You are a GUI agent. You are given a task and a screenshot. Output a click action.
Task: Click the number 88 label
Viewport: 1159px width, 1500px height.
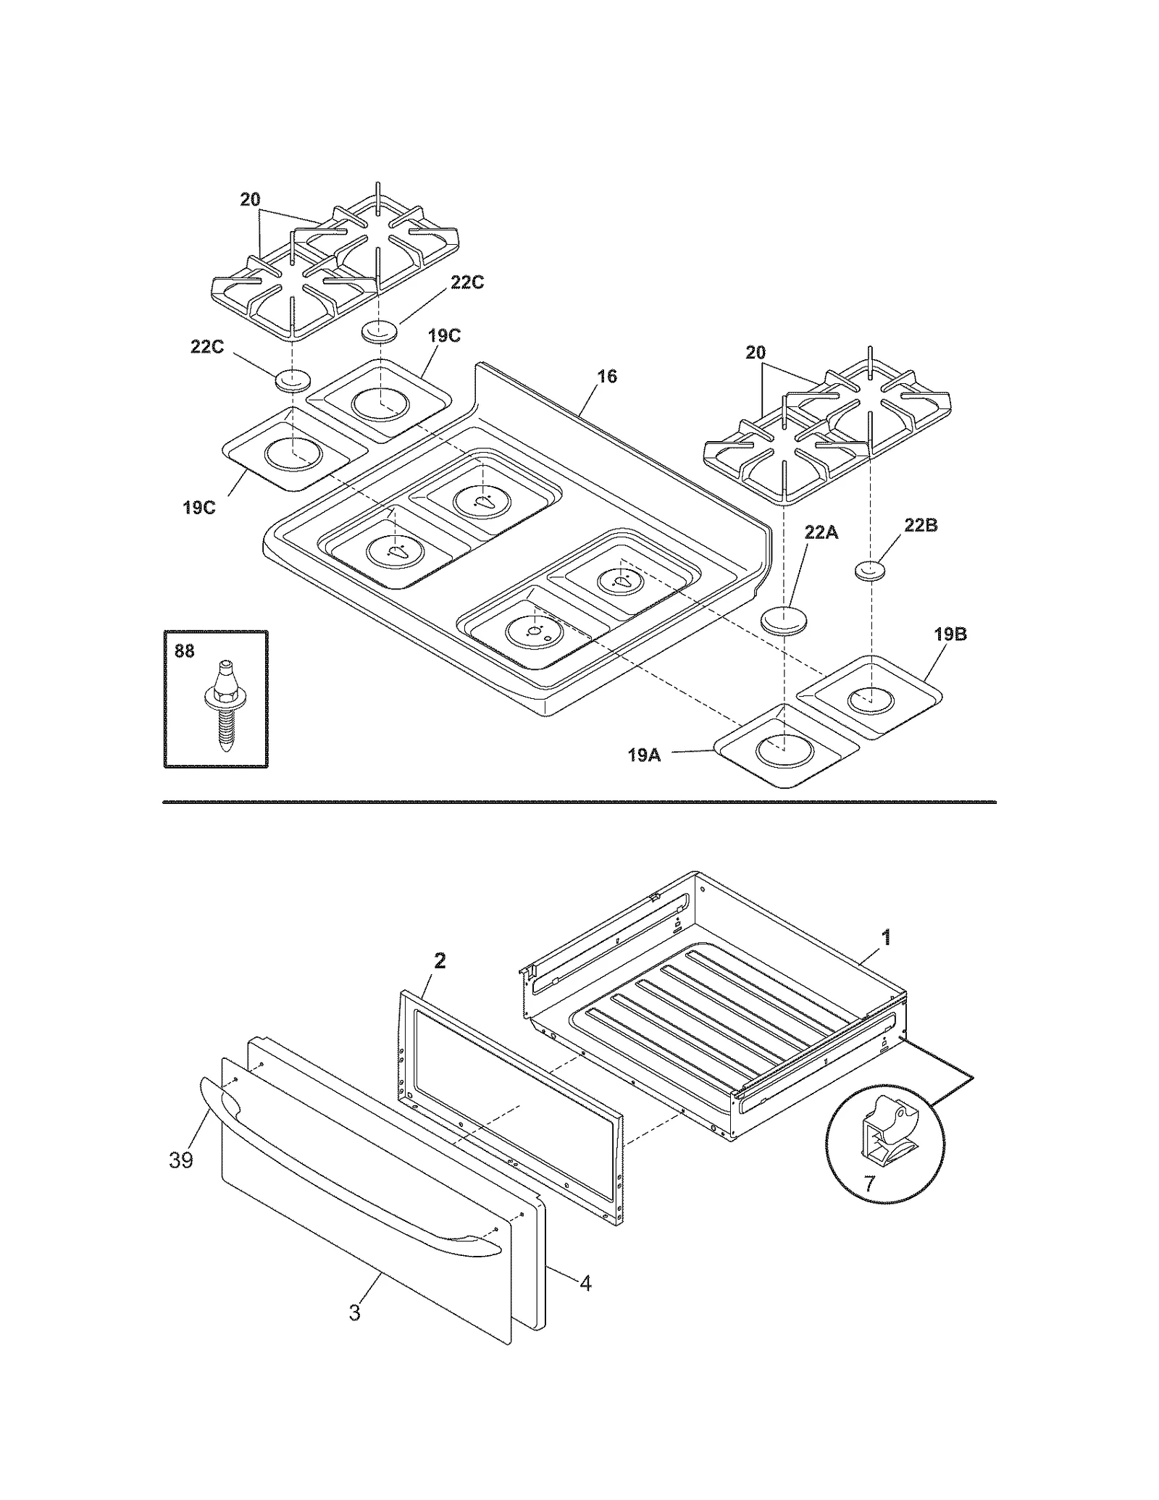coord(184,651)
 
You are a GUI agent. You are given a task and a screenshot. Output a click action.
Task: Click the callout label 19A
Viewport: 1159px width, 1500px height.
coord(643,755)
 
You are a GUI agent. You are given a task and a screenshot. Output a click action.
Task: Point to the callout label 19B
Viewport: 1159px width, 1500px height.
coord(950,634)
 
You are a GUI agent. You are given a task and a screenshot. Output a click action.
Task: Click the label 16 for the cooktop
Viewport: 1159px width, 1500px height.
coord(607,377)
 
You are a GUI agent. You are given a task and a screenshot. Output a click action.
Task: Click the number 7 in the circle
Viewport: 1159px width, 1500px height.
coord(869,1183)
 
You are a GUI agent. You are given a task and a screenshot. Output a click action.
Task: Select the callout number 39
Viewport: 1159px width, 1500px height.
coord(181,1160)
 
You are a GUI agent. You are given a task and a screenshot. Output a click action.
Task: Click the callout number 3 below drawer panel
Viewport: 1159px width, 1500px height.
coord(354,1312)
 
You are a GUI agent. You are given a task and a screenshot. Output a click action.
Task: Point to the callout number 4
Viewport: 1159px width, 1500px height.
coord(585,1283)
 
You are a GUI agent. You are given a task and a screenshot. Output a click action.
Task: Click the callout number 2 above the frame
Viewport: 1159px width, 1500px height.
coord(439,961)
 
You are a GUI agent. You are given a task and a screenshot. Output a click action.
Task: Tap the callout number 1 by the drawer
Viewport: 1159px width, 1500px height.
coord(885,938)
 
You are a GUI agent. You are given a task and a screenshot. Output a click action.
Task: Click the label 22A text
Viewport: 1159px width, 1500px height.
coord(821,532)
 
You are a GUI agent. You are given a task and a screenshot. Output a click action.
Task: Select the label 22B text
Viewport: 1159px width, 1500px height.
coord(920,525)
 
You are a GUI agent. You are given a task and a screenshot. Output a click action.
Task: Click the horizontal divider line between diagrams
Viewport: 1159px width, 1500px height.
coord(579,802)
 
